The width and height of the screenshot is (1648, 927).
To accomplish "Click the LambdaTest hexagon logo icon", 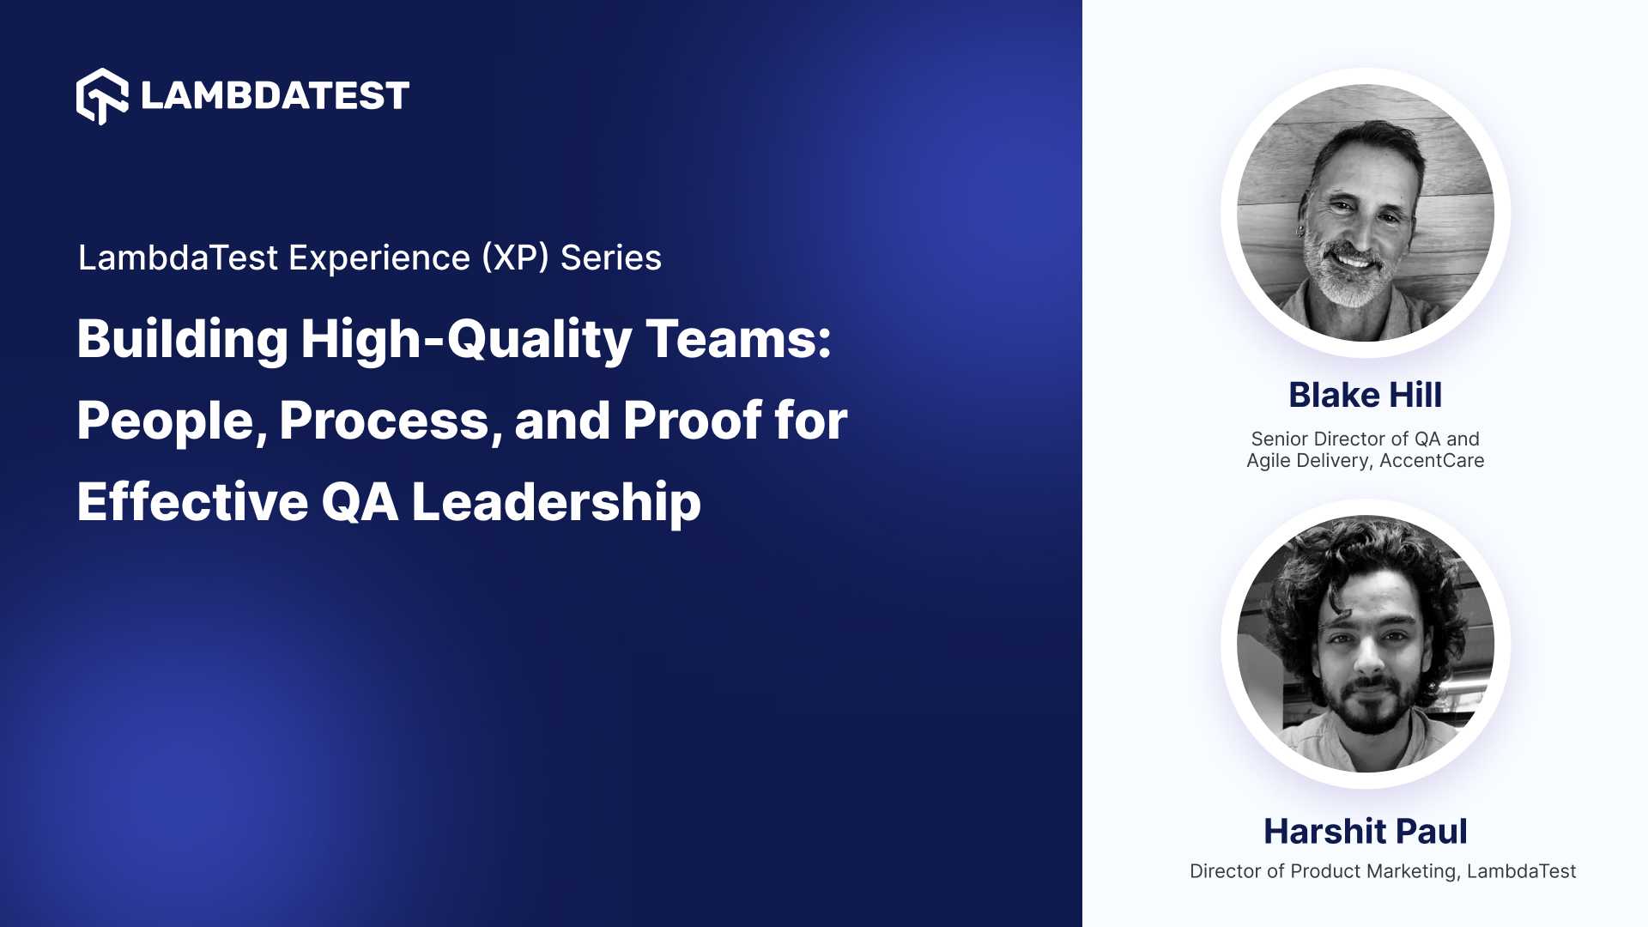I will click(x=102, y=95).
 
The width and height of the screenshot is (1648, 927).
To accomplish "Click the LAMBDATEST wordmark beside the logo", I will click(x=275, y=95).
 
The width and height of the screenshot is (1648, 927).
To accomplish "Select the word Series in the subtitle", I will click(x=610, y=258).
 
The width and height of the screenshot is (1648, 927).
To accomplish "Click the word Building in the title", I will click(x=182, y=339).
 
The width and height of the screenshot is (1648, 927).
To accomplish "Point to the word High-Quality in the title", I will click(x=466, y=341).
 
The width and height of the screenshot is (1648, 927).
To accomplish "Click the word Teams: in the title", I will click(x=738, y=339).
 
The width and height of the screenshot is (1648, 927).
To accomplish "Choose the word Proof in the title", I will click(x=692, y=421).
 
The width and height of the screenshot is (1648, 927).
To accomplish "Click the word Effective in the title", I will click(x=192, y=502).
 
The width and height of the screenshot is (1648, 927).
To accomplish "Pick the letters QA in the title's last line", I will click(x=360, y=503).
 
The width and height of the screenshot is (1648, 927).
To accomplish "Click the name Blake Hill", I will click(x=1365, y=396).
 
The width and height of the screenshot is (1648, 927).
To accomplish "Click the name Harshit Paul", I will click(x=1365, y=832).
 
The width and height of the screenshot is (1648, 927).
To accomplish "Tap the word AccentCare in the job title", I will click(x=1432, y=461).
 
